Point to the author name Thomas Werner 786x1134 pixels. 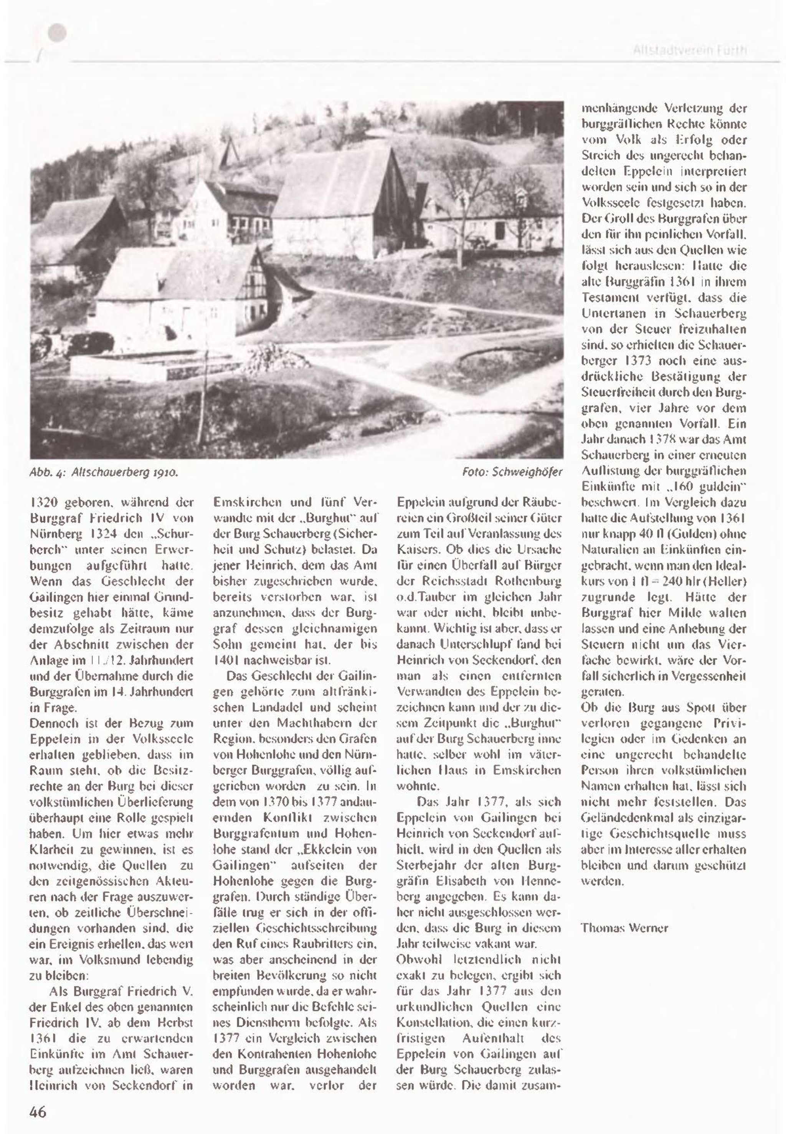tap(624, 928)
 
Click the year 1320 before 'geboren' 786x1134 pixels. tap(43, 503)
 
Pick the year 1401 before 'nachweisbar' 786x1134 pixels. tap(225, 661)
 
